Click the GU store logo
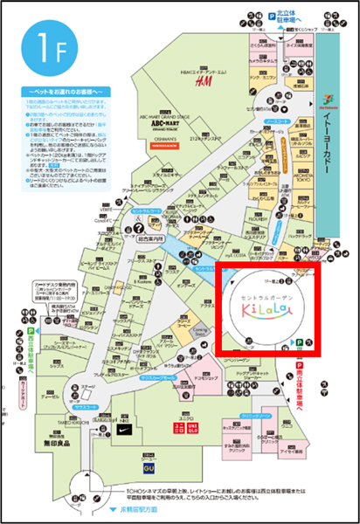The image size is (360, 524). pyautogui.click(x=149, y=467)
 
